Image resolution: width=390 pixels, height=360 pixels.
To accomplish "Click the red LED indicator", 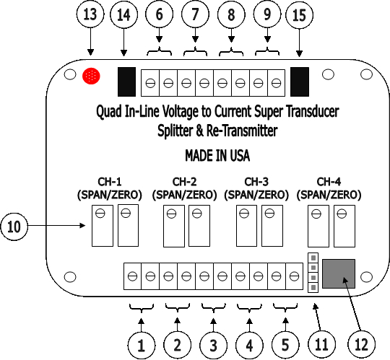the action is click(91, 76).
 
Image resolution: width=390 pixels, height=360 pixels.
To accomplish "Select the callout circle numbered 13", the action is click(90, 14).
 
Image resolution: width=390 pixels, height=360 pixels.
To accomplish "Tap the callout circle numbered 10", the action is click(14, 227).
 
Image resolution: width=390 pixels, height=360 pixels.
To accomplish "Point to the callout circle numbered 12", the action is click(361, 344).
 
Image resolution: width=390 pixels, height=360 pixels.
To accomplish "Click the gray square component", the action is click(339, 273).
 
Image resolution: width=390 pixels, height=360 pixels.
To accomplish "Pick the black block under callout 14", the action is click(126, 82).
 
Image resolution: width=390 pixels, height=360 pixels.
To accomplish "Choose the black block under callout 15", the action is click(300, 82).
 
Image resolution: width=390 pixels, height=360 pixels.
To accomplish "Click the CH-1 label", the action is click(110, 182).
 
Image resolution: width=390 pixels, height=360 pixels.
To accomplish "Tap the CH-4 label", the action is click(329, 182).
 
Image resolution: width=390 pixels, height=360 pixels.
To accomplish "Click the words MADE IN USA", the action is click(217, 156).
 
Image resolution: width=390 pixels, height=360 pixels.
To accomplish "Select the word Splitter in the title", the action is click(175, 131).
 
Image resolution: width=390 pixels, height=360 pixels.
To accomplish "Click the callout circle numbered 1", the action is click(142, 345).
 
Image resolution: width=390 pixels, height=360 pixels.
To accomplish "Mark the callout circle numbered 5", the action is click(285, 345).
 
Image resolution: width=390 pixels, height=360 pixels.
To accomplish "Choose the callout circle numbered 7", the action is click(195, 14).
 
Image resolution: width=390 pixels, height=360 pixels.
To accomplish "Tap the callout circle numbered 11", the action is click(321, 344).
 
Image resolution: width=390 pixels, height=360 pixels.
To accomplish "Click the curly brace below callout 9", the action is click(267, 51).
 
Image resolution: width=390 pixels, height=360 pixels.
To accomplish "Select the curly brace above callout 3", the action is click(213, 308).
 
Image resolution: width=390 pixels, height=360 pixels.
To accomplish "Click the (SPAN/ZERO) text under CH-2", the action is click(184, 195).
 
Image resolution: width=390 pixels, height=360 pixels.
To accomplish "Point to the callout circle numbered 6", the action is click(159, 14).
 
